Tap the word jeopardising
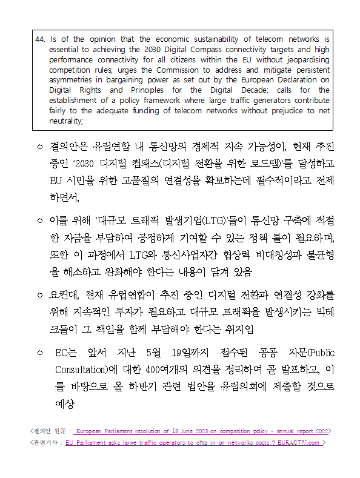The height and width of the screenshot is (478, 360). (x=305, y=59)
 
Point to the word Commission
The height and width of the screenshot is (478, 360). (x=187, y=70)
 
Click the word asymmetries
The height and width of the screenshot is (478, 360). (x=73, y=80)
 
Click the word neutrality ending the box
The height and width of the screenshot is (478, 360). (x=65, y=121)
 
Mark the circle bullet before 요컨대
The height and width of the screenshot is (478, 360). (x=39, y=296)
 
